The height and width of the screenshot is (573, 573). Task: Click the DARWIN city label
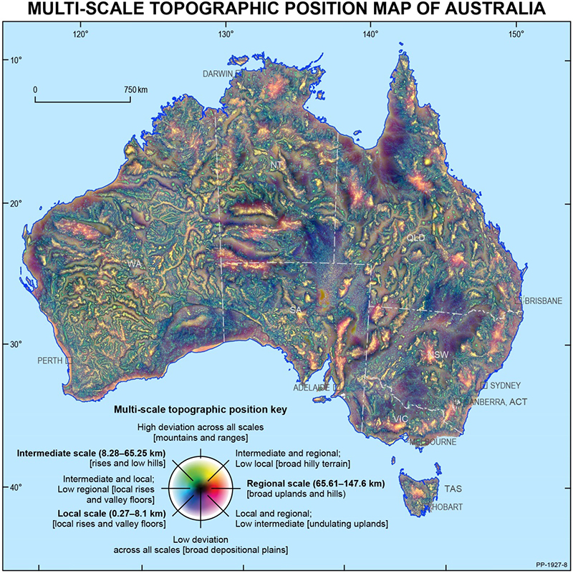point(219,74)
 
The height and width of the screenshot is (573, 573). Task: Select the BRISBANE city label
point(543,301)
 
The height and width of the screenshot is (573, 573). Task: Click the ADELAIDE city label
point(311,388)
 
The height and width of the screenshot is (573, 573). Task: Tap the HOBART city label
point(446,507)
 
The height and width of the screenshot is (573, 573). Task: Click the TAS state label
point(453,490)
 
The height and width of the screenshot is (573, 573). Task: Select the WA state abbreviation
point(134,265)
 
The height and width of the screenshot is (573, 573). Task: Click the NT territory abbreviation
point(276,165)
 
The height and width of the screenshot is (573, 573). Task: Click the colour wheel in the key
point(201,487)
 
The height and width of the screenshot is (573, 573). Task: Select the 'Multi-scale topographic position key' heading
point(201,411)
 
